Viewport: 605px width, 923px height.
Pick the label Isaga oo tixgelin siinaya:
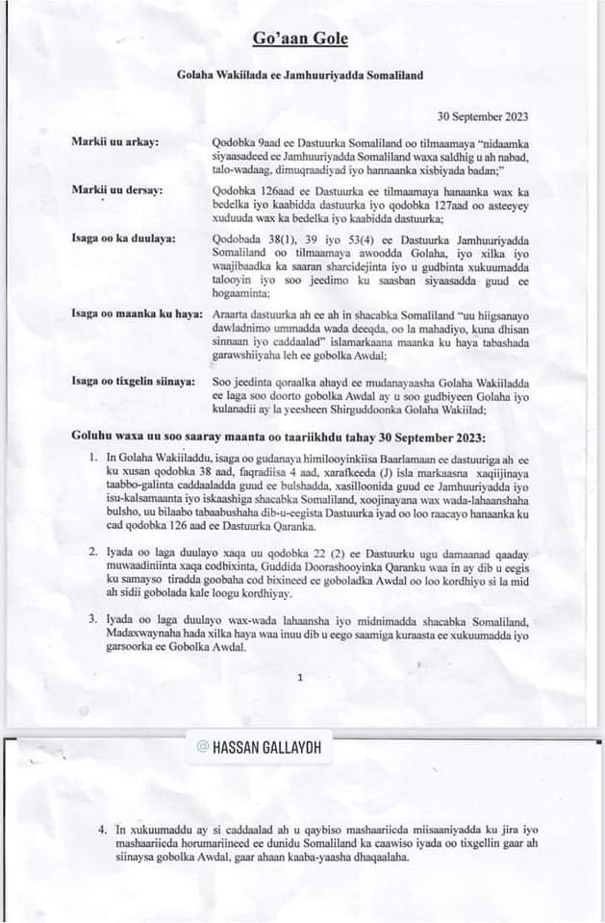tap(134, 381)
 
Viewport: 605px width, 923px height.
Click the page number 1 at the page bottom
tap(300, 677)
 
